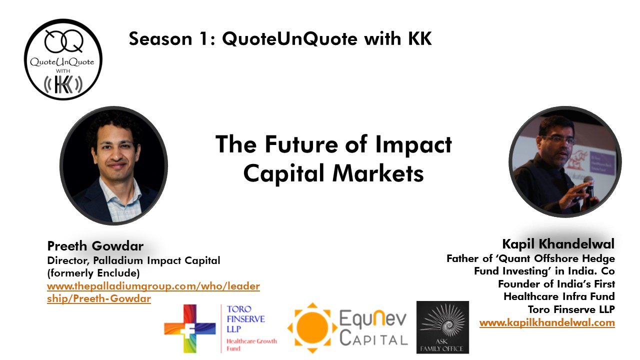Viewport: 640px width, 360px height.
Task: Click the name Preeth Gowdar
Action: point(95,246)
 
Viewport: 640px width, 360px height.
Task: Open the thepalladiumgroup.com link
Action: point(153,292)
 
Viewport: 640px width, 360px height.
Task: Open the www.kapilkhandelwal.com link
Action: point(547,322)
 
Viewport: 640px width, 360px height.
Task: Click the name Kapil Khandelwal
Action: point(558,244)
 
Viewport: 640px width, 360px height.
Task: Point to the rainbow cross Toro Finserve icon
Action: point(190,328)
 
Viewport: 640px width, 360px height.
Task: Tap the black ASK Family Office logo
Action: point(442,327)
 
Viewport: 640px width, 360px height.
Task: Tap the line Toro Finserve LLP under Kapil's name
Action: point(571,309)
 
